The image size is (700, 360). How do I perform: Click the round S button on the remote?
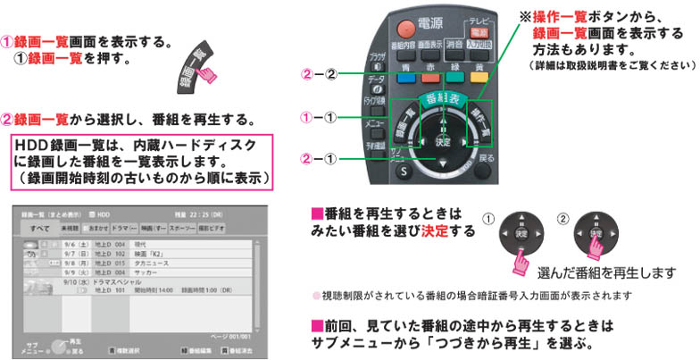coord(403,171)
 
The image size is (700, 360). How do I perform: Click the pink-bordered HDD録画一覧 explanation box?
coord(144,161)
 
